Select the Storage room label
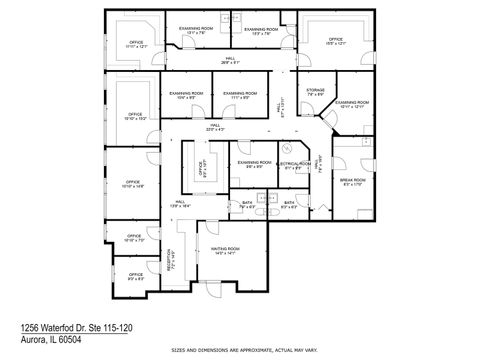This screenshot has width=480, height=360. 314,92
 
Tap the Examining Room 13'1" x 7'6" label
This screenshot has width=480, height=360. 196,31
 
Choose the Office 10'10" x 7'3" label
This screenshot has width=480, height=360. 133,239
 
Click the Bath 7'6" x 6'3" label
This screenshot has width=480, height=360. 247,206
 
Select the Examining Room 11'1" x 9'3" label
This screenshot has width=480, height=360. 237,96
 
